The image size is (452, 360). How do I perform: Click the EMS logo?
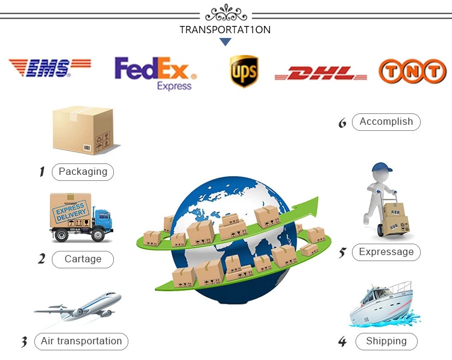point(49,68)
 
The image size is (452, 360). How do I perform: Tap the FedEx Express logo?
point(155,72)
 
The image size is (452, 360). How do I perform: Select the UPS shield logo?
point(244,71)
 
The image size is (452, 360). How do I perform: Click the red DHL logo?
point(321,74)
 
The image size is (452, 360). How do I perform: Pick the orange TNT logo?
point(412,71)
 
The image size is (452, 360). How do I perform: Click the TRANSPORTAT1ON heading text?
point(225,30)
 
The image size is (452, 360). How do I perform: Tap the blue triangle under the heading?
point(225,42)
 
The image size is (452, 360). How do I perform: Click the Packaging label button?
point(83,172)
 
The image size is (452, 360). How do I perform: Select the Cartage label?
point(83,259)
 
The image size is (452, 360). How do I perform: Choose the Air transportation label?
point(81,341)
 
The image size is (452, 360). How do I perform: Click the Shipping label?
point(386,341)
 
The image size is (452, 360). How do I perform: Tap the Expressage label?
point(386,252)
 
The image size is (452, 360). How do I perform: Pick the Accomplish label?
point(386,122)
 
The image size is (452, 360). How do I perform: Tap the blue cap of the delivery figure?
point(381,168)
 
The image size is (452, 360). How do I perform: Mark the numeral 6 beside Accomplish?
point(342,123)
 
